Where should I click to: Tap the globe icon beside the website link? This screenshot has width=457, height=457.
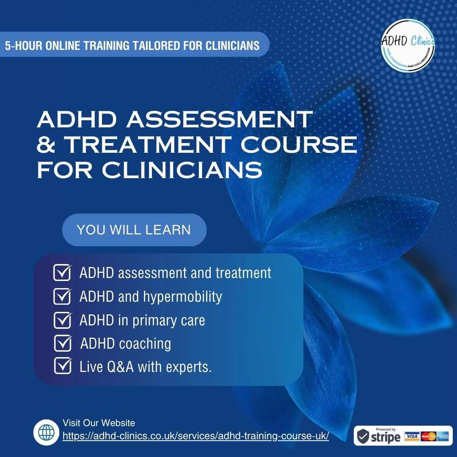46,432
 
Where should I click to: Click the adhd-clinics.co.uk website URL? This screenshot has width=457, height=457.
195,436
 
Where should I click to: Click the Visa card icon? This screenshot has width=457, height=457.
412,436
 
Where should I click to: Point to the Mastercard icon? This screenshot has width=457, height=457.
428,436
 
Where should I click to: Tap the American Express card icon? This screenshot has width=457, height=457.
443,436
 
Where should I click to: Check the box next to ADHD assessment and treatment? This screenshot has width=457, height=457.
62,273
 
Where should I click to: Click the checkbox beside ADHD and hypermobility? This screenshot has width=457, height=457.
62,296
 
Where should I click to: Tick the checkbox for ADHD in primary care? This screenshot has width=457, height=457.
62,320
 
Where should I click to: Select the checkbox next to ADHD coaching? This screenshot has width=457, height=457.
63,343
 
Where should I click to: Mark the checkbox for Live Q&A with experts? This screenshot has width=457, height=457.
63,366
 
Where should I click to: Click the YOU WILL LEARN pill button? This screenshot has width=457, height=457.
135,230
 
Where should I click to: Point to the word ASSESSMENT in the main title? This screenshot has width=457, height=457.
219,119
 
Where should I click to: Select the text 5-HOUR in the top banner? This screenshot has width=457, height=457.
23,45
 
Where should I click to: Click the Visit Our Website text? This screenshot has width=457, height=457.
99,423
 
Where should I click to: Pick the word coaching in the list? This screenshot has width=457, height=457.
145,344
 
